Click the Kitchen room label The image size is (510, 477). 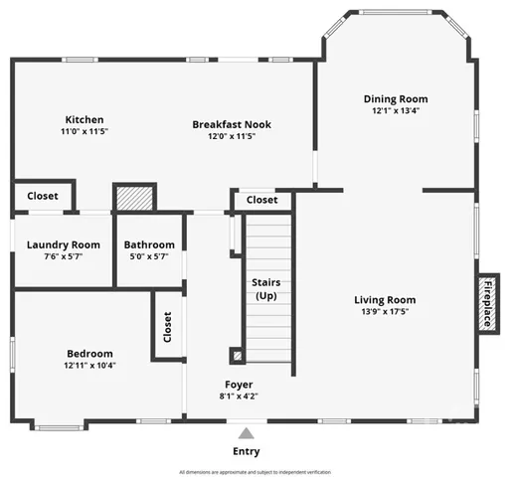point(85,120)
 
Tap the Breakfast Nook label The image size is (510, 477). point(231,125)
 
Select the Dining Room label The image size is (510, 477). point(395,99)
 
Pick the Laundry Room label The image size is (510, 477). point(63,244)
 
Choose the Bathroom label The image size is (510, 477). point(149,244)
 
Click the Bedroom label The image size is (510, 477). point(89,354)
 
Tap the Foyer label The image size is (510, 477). point(238,384)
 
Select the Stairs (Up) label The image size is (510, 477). point(266,289)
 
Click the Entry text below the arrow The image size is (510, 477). point(246,450)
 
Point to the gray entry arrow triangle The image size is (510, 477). point(246,432)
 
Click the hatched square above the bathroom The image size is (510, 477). point(133,198)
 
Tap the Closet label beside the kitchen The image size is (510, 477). point(42,196)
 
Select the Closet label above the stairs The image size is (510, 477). point(262,200)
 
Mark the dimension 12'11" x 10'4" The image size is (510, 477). point(89,366)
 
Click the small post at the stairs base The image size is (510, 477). point(236,353)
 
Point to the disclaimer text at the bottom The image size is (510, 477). point(255,471)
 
